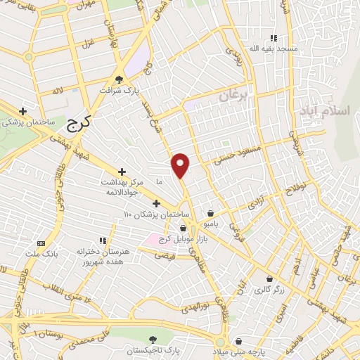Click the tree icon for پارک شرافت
118,79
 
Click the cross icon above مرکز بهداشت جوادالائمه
122,171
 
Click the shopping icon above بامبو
210,212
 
